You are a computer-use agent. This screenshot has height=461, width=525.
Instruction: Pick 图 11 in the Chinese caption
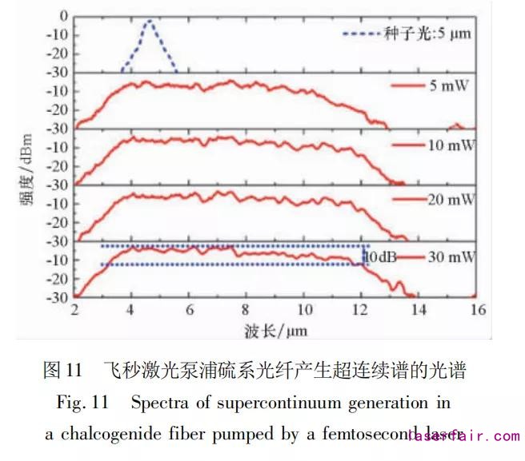tap(63, 370)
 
